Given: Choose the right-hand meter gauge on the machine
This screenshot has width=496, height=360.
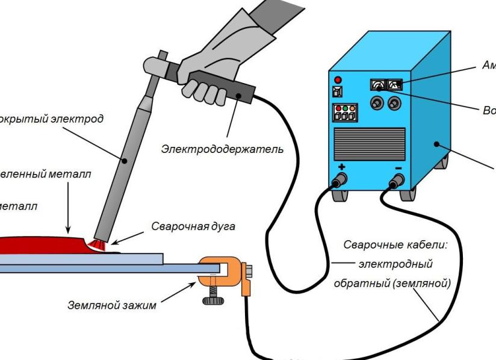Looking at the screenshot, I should tap(395, 86).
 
